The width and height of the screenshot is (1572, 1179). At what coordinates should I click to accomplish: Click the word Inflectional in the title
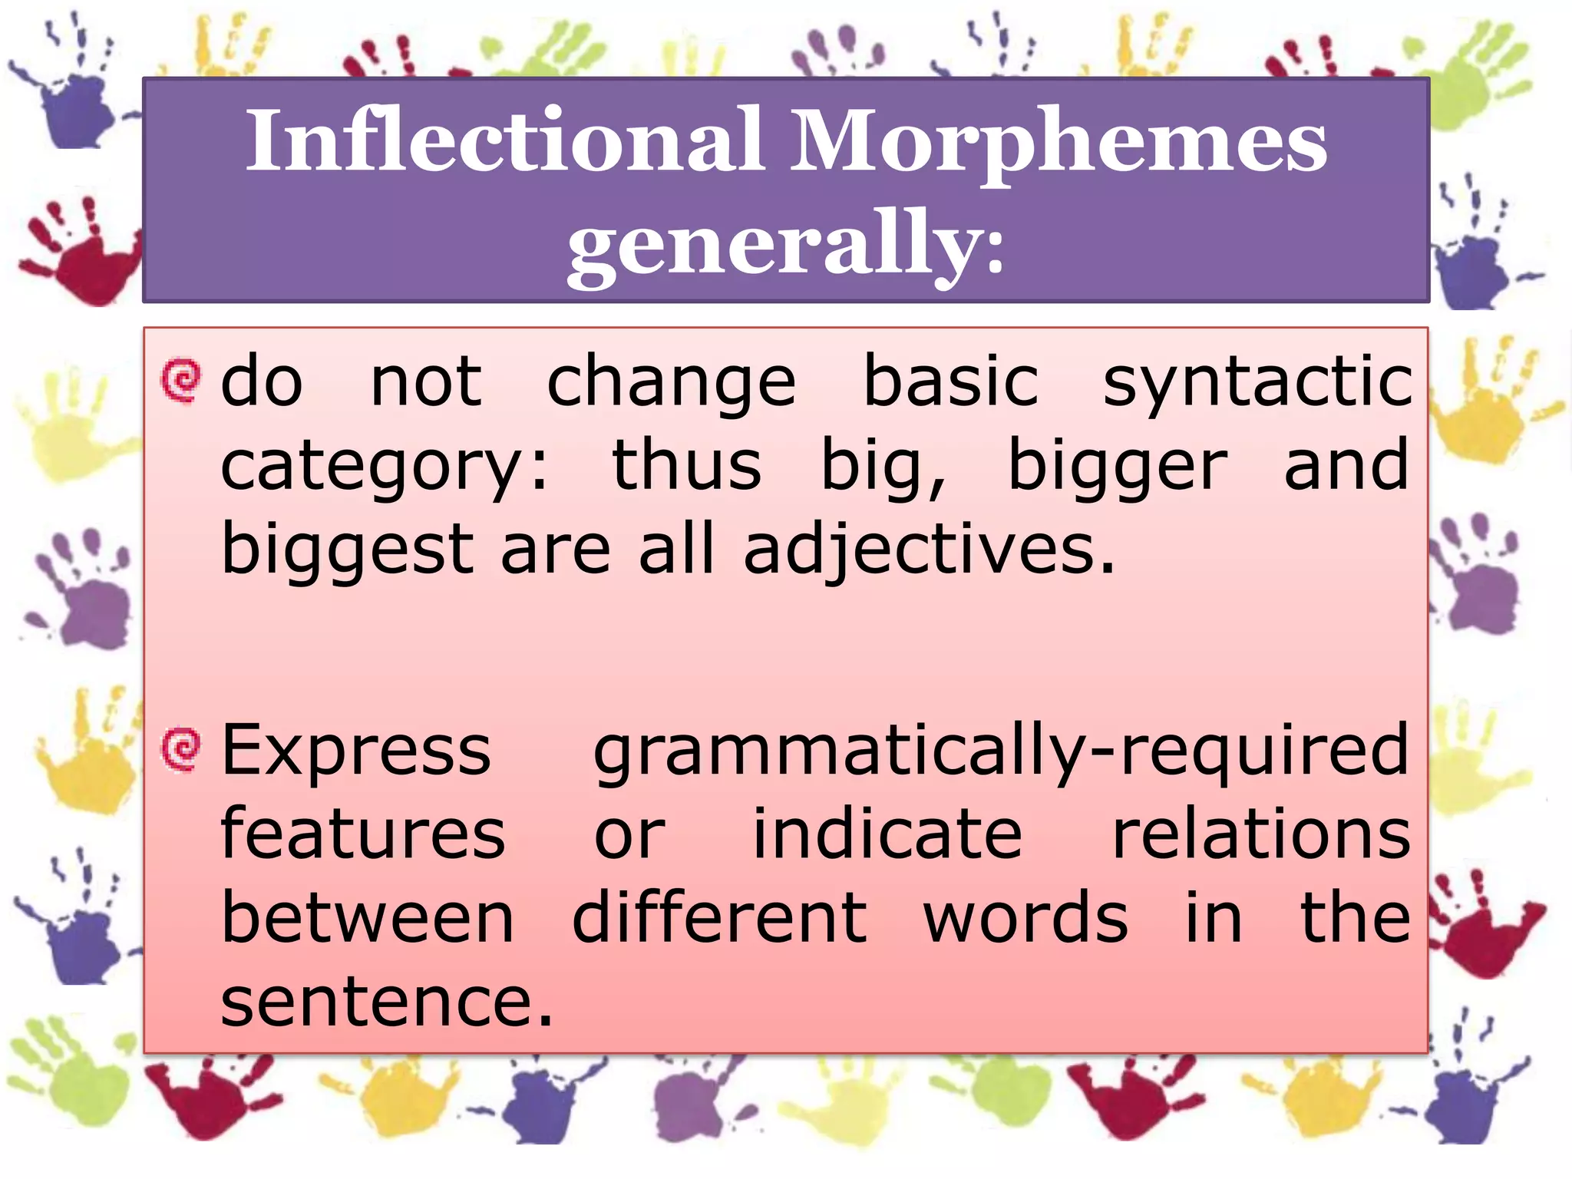(504, 140)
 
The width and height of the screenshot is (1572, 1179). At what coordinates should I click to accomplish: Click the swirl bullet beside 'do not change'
(181, 380)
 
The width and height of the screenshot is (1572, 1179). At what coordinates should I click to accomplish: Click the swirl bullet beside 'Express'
(181, 748)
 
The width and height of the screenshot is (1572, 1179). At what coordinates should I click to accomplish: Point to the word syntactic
(1257, 384)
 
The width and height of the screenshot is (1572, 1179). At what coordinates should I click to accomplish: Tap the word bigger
(1117, 467)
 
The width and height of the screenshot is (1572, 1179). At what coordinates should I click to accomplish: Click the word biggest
(347, 551)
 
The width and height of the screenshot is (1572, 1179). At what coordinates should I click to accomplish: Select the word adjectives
(928, 551)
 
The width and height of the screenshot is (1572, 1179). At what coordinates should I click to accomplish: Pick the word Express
(355, 752)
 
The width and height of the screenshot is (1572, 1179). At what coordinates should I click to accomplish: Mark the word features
(362, 834)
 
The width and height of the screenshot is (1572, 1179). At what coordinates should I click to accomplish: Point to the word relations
(1260, 834)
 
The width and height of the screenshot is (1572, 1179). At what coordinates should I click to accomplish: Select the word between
(367, 919)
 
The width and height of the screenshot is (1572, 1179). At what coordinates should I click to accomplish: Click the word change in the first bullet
(671, 384)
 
